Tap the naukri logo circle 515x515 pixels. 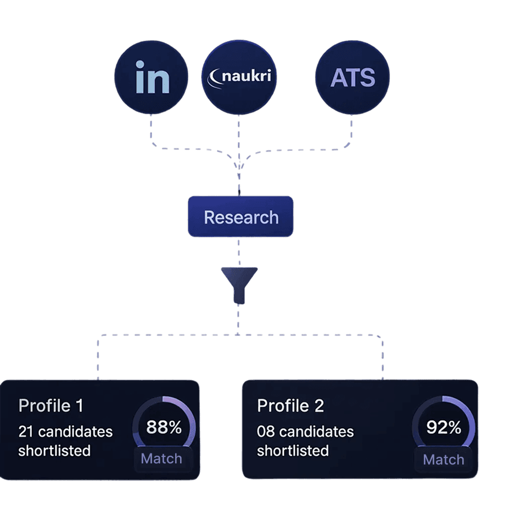coord(239,77)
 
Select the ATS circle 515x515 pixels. coord(352,77)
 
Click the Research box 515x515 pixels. coord(240,217)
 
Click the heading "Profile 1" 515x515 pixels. coord(51,406)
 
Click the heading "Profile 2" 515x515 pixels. coord(290,406)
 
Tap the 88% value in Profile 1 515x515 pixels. coord(164,428)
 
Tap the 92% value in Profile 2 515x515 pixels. coord(444,428)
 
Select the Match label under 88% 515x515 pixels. coord(162,459)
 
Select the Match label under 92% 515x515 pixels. coord(444,460)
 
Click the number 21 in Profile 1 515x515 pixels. coord(26,432)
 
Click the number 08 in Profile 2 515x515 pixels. coord(265,432)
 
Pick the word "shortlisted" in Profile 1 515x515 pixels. coord(54,451)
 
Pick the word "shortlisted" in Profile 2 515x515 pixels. coord(293,451)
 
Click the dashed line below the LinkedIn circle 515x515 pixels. coord(151,129)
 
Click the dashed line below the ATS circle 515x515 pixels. coord(351,129)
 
